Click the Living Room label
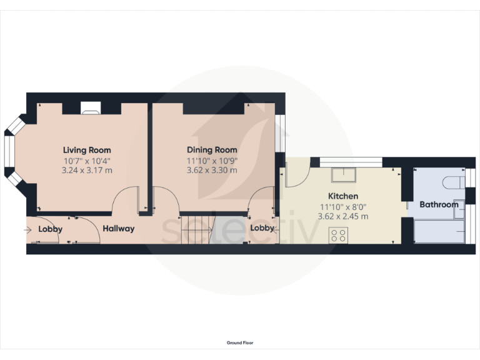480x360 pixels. (87, 150)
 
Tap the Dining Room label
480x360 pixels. (212, 150)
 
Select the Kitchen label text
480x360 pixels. (344, 196)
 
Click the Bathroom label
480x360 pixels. (438, 204)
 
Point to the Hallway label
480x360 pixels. (119, 229)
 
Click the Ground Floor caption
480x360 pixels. (240, 342)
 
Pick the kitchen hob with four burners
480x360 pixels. (339, 235)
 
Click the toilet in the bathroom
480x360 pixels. (452, 182)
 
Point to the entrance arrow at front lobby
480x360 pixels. (28, 229)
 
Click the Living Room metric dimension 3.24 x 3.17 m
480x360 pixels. (87, 170)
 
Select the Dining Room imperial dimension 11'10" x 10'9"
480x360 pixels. (212, 160)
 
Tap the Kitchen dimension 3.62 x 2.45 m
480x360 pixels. (344, 216)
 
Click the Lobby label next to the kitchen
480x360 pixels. (262, 228)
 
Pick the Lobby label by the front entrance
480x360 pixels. (51, 229)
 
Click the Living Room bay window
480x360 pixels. (11, 150)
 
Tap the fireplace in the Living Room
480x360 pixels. (90, 110)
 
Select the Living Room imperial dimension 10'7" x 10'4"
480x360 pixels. (87, 160)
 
